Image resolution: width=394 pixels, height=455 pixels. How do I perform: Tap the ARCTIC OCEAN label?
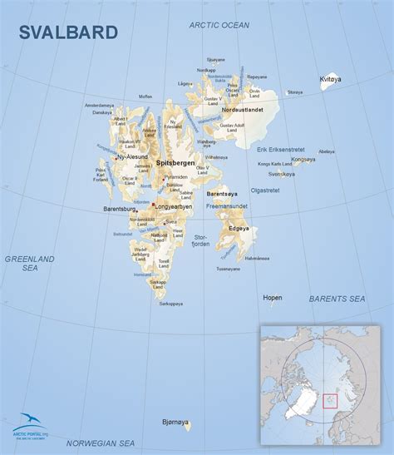coord(218,25)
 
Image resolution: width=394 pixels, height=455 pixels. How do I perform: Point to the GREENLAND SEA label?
coord(30,264)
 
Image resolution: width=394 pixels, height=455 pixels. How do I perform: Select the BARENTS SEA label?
coord(337,298)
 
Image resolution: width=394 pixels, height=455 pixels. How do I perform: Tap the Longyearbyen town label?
coord(176,205)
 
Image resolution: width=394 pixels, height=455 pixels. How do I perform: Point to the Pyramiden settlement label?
coord(175,177)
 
